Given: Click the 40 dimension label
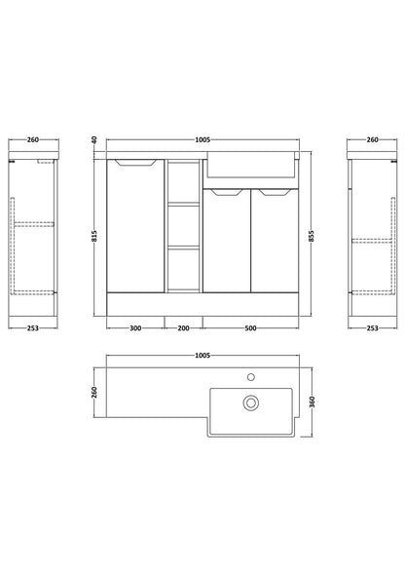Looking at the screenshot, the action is point(94,139).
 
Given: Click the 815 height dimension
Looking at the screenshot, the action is point(94,236).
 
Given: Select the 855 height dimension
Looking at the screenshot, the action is point(312,236).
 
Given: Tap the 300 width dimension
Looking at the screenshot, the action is point(135,328).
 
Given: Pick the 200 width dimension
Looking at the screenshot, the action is point(183,328).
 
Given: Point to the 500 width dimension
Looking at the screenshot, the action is point(250,328).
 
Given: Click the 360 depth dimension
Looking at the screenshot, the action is point(312,402).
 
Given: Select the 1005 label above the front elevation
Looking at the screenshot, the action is point(202,139).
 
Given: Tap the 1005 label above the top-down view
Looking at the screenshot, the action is point(202,356).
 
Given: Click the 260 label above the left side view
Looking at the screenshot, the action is point(33,139).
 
